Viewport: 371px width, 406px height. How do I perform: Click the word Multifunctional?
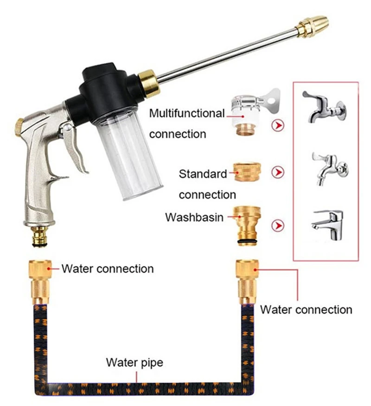tap(187, 113)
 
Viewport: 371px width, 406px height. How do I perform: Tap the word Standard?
tap(203, 174)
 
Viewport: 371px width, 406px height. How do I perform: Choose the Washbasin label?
tap(194, 217)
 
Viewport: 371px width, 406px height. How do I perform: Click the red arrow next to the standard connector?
tap(278, 173)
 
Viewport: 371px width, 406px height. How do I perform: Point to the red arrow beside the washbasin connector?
tap(278, 226)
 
